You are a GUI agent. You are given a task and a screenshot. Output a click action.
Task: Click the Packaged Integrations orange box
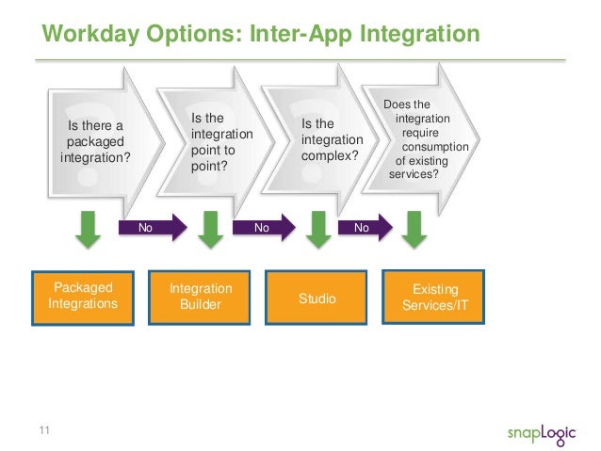[83, 297]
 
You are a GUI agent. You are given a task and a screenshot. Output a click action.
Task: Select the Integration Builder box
[200, 297]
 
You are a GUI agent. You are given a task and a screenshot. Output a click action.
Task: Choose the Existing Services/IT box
[434, 297]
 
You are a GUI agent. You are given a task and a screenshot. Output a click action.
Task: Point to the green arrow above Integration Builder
[209, 229]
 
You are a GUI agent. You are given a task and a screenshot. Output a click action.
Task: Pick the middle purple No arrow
[265, 227]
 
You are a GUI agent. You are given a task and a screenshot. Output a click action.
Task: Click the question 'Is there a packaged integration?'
[95, 141]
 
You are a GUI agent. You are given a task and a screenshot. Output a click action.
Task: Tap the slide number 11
[43, 431]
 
